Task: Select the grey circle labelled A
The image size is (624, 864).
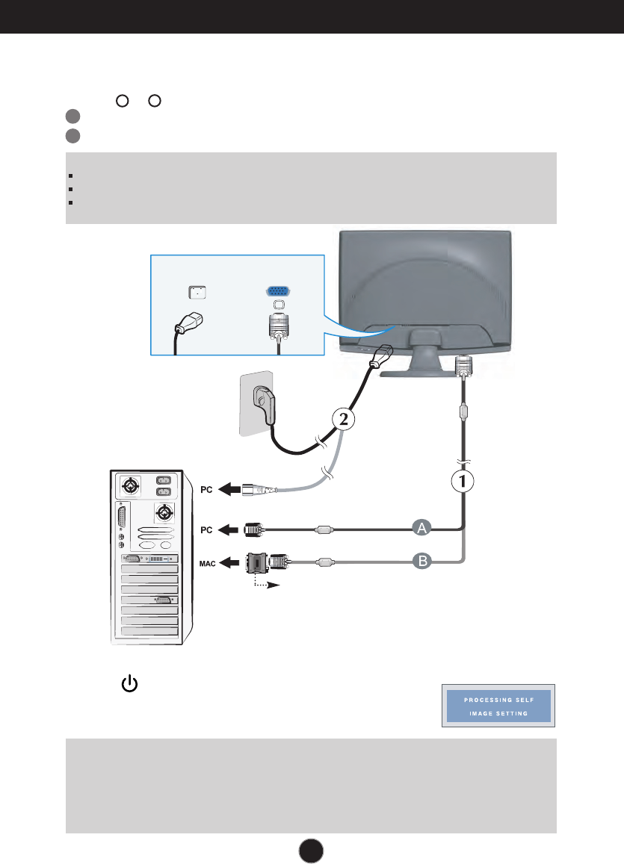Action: click(x=422, y=529)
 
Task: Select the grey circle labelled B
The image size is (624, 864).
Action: click(x=422, y=560)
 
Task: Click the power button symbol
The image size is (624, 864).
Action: click(x=130, y=683)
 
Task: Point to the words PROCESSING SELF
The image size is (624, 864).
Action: click(x=496, y=700)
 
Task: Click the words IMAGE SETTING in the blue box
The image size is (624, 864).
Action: click(x=496, y=714)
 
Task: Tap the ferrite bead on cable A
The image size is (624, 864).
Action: click(x=323, y=529)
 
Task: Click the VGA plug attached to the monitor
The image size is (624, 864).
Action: click(x=463, y=367)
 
